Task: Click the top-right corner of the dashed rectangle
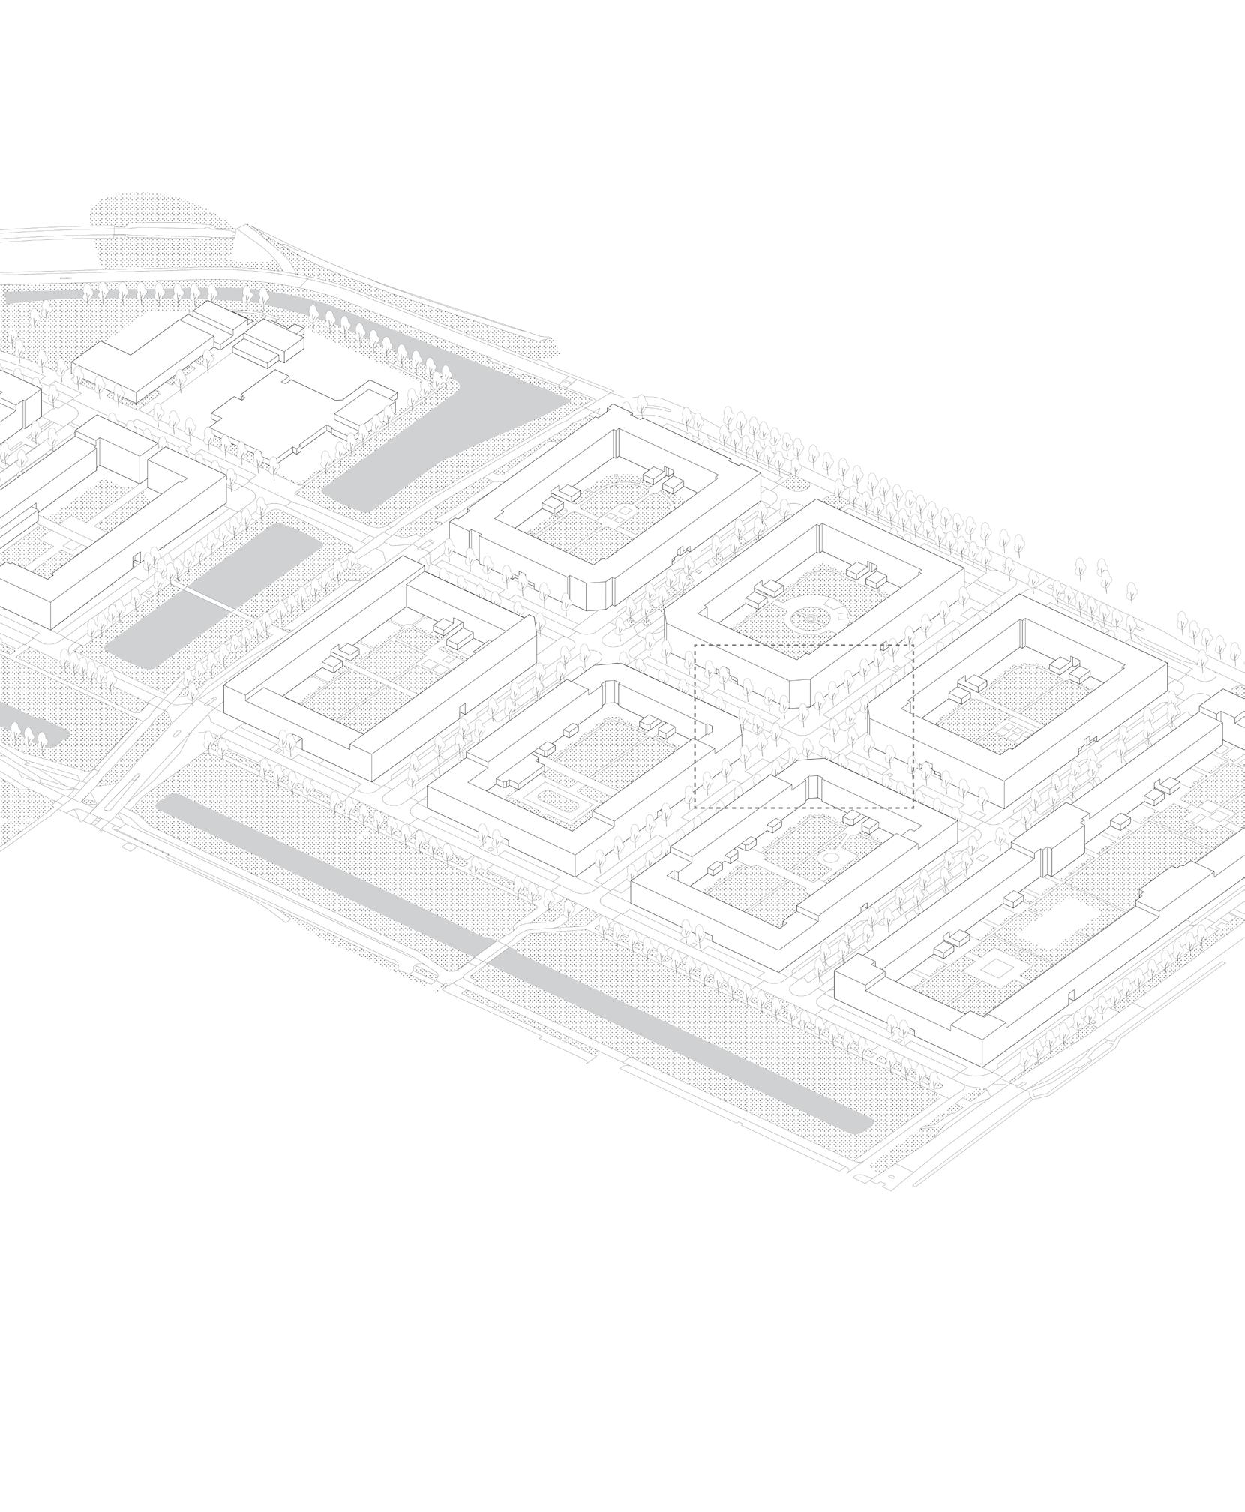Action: click(x=913, y=645)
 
